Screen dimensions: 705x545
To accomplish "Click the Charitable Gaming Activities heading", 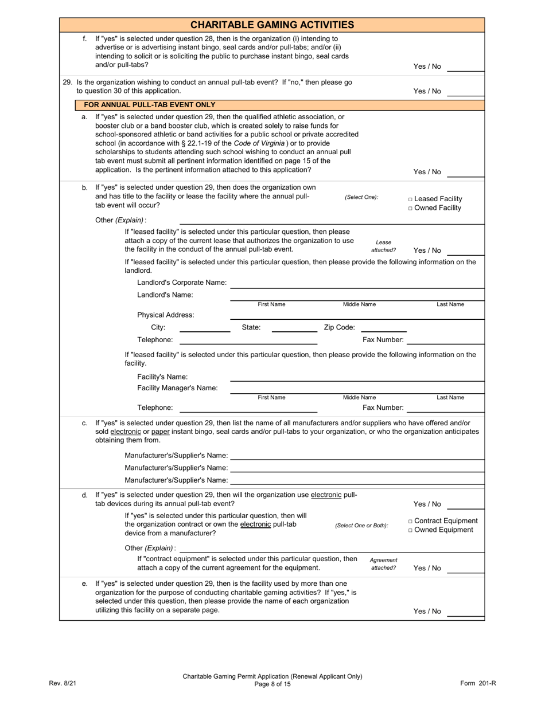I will click(272, 25).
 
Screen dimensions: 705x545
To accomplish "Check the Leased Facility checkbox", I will click(411, 199).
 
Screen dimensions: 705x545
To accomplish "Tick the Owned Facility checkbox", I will click(411, 208).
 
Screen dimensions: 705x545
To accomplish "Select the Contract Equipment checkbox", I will click(411, 521).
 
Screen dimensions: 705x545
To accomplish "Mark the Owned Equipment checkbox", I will click(411, 530).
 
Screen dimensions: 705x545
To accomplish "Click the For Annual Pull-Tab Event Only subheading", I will click(150, 105).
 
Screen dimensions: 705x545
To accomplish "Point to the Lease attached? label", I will click(383, 246).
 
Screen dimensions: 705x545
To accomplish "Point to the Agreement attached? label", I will click(383, 564).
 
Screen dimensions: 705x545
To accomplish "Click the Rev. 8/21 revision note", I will click(63, 683).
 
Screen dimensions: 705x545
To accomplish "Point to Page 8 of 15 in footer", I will click(272, 684).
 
